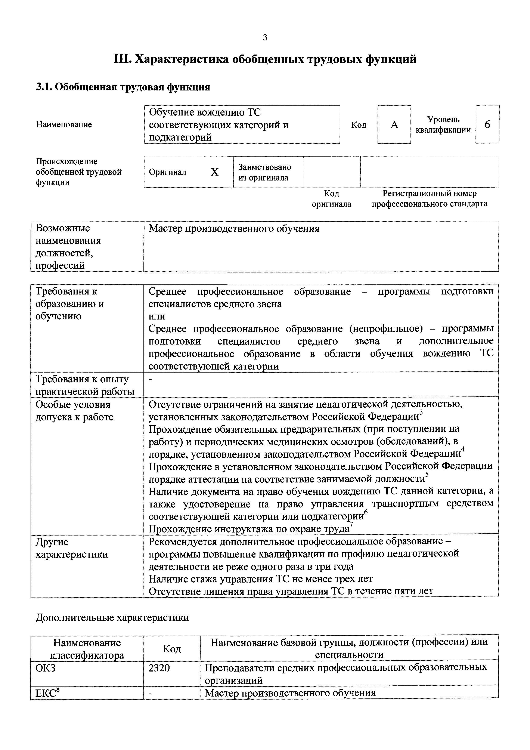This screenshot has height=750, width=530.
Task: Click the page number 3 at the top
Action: coord(265,38)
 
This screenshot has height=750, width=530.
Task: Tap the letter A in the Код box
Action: coord(394,125)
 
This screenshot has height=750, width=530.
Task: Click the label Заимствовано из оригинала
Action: coord(264,172)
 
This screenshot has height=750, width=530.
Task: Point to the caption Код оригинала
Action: coord(331,199)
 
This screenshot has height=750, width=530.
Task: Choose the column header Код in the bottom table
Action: coord(172,649)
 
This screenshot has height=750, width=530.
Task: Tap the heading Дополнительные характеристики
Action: coord(112,617)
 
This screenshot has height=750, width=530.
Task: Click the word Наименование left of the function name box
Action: coord(64,124)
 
